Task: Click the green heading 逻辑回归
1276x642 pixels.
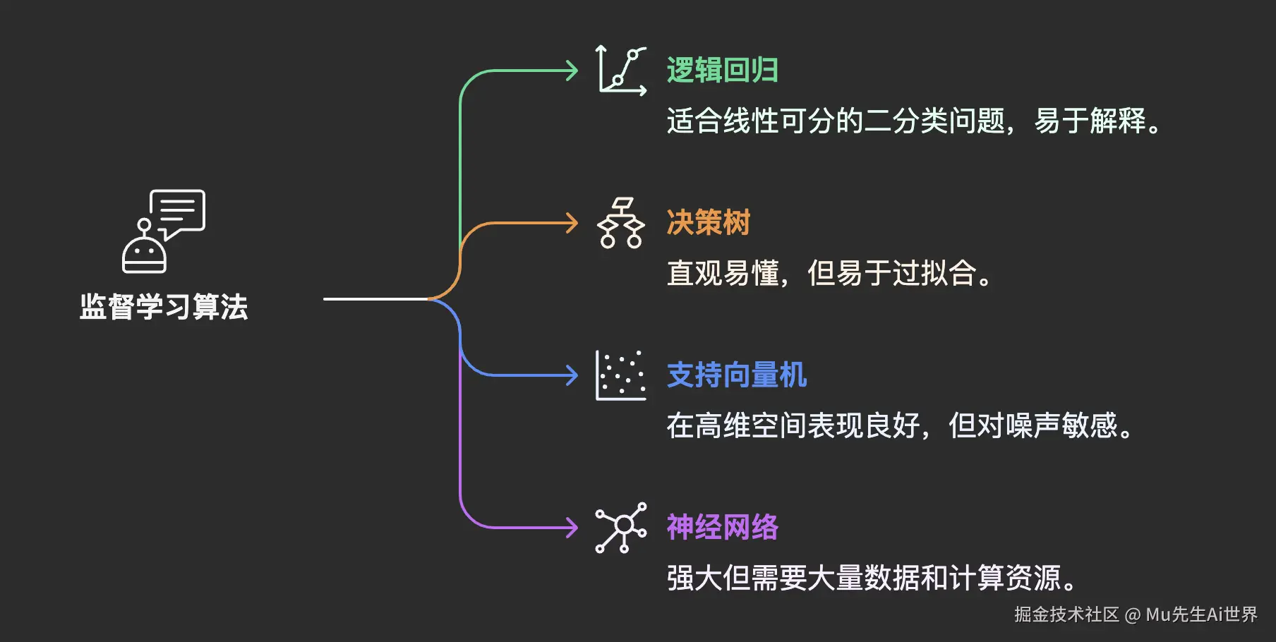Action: pos(722,71)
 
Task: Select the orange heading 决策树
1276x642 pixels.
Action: pos(708,223)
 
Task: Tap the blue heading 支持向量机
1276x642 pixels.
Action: pos(736,375)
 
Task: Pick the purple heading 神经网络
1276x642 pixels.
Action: pos(722,528)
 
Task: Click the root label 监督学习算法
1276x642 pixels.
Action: pos(164,307)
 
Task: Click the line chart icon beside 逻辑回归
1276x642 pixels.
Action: pos(621,71)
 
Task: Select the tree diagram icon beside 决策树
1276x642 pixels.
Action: pos(621,223)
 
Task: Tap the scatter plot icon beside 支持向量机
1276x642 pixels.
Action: pos(621,375)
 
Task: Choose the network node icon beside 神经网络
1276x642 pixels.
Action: pos(621,528)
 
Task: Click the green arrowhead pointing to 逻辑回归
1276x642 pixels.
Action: pos(572,71)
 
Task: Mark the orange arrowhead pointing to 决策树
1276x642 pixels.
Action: pos(572,223)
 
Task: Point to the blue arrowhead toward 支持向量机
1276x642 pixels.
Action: pos(572,375)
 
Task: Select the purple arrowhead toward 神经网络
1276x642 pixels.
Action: pos(572,528)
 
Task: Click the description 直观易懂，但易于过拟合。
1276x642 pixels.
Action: pos(829,274)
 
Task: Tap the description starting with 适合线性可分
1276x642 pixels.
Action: pos(913,121)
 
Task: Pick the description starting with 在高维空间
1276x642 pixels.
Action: pos(899,426)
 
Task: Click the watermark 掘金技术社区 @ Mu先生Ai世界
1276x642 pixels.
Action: pos(1136,615)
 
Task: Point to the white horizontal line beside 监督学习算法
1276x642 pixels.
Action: pos(374,299)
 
